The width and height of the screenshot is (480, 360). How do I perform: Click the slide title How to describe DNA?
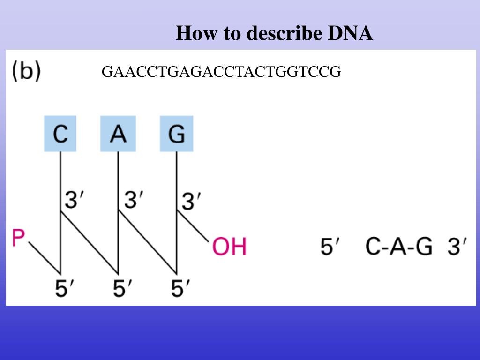(274, 34)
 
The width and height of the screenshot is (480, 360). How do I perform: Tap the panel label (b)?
(26, 72)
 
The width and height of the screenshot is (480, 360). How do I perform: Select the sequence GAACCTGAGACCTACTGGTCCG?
(221, 72)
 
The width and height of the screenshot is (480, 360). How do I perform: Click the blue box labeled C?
(60, 134)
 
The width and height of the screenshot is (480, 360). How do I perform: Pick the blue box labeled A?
(118, 134)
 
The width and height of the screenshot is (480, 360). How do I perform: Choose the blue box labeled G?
(176, 134)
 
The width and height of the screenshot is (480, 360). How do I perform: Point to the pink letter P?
(18, 237)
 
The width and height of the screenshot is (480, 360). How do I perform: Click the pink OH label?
(229, 247)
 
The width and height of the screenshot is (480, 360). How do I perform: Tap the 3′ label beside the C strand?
(75, 201)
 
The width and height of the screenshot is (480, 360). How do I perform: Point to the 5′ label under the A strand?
(123, 288)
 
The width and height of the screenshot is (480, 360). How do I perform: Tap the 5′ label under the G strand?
(181, 288)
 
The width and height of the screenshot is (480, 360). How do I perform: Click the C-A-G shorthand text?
(399, 247)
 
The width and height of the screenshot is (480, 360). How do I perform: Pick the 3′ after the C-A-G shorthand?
(457, 247)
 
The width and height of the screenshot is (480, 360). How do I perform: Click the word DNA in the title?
(350, 34)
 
